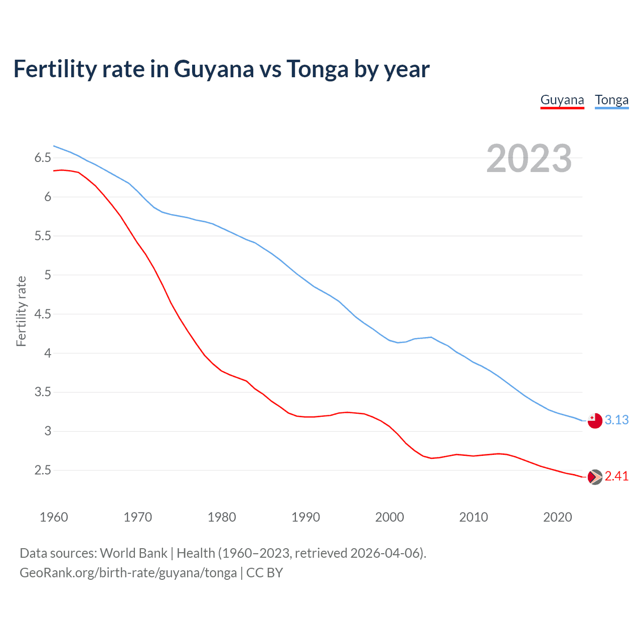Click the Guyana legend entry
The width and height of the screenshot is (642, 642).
562,100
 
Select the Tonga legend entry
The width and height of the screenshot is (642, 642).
611,100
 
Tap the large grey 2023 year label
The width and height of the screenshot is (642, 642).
529,158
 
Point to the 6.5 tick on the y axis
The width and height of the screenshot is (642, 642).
43,158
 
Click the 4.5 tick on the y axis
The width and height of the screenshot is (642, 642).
43,314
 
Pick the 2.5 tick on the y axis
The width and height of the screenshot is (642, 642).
43,470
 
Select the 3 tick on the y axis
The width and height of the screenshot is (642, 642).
48,431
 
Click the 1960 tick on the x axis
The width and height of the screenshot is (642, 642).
54,517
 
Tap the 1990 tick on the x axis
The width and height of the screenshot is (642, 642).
305,517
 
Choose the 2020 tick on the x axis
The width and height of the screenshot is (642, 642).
557,517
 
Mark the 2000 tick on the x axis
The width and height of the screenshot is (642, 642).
389,517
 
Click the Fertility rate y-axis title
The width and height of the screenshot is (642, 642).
21,311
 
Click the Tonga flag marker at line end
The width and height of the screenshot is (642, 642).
594,420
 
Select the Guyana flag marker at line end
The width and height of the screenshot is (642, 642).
594,477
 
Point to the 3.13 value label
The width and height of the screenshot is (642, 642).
616,420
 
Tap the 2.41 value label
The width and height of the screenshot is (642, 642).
616,476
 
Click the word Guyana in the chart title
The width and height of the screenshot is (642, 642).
214,69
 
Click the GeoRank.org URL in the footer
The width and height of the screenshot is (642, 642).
128,573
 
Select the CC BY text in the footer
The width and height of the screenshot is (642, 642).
264,573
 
